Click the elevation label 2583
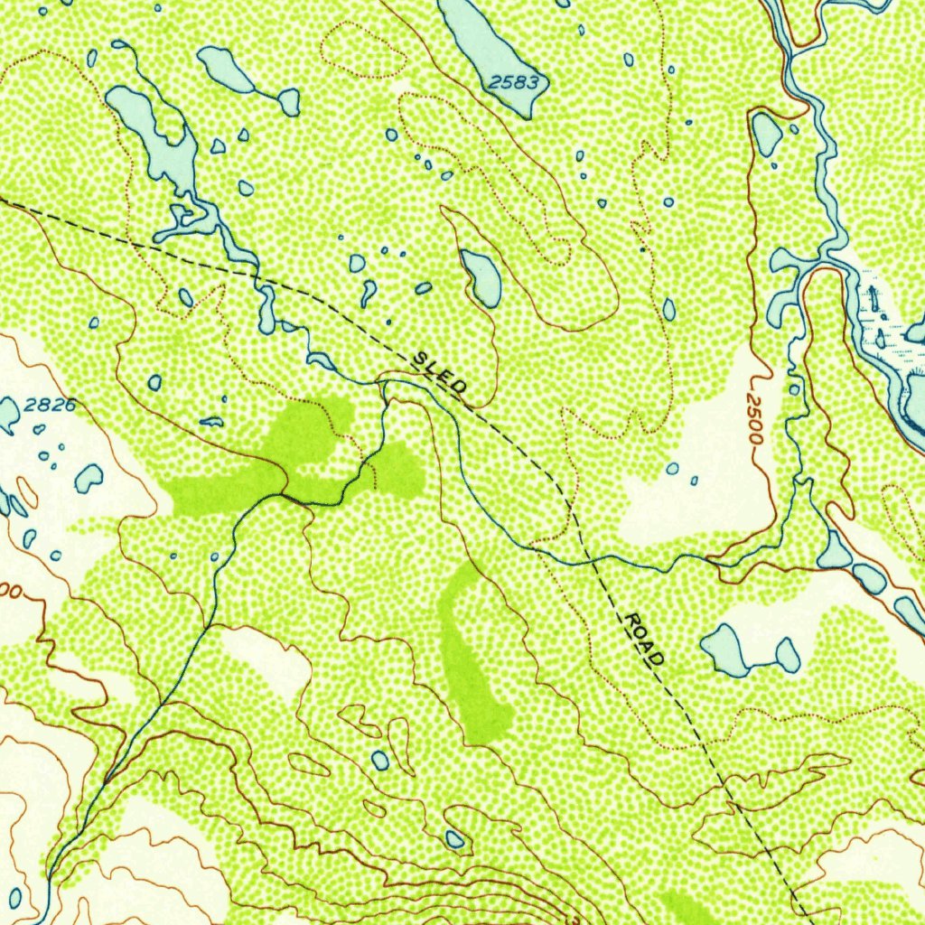click(x=514, y=83)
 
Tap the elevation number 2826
click(x=50, y=406)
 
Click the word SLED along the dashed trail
click(x=440, y=372)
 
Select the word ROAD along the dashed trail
click(x=644, y=639)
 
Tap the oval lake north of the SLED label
click(x=481, y=276)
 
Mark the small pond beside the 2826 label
click(x=8, y=414)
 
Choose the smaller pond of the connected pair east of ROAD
click(x=787, y=656)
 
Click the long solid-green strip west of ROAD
click(x=469, y=664)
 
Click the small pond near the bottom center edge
click(x=454, y=839)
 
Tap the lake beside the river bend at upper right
click(x=767, y=133)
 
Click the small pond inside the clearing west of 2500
click(x=672, y=469)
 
